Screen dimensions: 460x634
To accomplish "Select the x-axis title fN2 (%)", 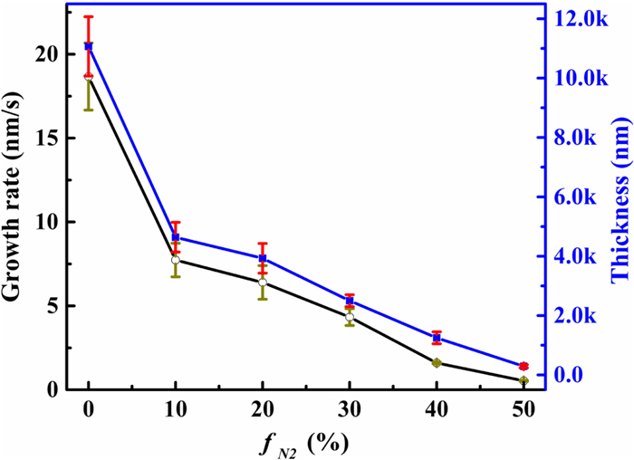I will click(303, 443).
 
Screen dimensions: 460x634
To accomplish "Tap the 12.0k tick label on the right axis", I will click(581, 18).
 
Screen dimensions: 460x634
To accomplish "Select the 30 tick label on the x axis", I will click(350, 410).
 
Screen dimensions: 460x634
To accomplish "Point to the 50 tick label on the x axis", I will click(524, 410).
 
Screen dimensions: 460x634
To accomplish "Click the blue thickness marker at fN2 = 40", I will click(437, 338).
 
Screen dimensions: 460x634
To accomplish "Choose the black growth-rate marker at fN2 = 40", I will click(437, 363).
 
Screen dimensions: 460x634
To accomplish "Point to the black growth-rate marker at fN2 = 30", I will click(350, 317).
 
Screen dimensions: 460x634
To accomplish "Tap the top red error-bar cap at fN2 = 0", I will click(88, 16).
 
